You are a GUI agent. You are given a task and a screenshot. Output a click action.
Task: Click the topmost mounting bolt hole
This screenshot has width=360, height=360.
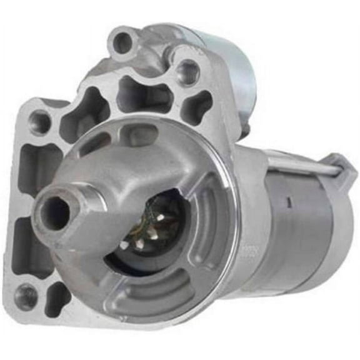point(122,42)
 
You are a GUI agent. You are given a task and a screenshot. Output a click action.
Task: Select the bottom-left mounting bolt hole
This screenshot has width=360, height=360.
point(26,296)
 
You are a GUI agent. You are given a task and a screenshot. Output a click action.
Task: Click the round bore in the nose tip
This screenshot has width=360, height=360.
point(56,213)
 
